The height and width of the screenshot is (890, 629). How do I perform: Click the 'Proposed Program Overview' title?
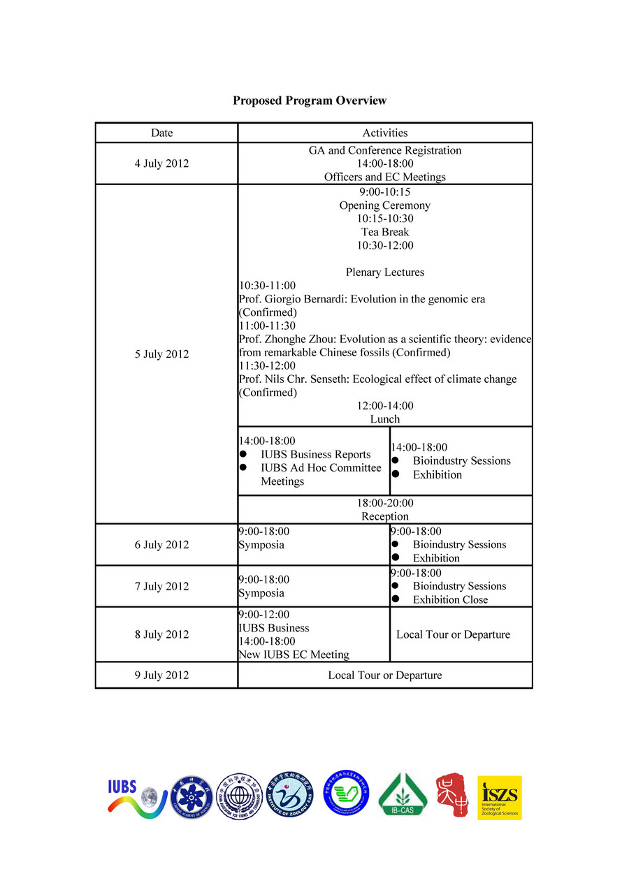(309, 101)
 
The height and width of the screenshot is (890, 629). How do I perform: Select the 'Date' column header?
(161, 133)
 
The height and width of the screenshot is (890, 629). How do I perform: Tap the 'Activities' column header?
(384, 133)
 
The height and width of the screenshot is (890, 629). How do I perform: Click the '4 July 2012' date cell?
(161, 163)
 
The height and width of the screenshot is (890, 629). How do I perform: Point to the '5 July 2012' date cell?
(161, 354)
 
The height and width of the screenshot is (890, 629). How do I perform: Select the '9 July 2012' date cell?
(161, 676)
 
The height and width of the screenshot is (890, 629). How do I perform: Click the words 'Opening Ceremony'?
(384, 205)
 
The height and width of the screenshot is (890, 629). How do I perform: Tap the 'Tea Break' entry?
(384, 232)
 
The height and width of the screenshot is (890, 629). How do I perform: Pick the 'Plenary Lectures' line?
(384, 272)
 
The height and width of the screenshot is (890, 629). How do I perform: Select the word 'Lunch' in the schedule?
(384, 419)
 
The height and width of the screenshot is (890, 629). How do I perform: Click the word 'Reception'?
(384, 516)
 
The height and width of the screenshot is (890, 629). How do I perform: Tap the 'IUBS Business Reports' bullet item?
(315, 455)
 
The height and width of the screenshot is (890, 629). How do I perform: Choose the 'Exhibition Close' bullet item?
(450, 599)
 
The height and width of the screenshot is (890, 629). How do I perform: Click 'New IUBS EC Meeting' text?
(294, 655)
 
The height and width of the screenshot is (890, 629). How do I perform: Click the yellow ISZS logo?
(499, 797)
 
